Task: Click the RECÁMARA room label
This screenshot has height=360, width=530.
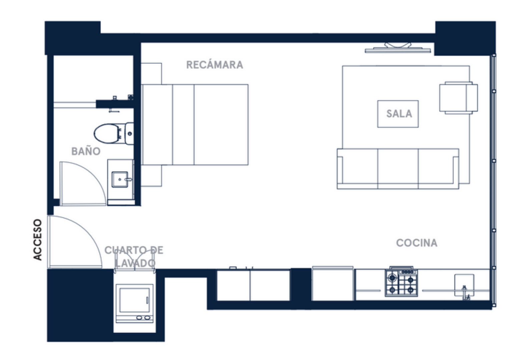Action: click(214, 65)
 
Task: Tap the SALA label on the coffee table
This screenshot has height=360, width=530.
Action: click(399, 114)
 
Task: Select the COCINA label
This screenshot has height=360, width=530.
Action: click(417, 243)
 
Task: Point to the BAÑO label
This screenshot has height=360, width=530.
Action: click(86, 151)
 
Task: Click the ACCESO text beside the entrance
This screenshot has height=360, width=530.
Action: click(37, 240)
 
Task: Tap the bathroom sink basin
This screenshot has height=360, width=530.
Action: click(120, 180)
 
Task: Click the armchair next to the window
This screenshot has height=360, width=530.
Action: click(459, 98)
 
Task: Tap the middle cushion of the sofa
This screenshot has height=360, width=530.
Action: click(398, 168)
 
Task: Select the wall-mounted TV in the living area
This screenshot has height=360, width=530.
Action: click(398, 48)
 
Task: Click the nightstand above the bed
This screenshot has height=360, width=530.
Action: click(151, 74)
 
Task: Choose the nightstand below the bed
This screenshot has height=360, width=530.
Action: click(151, 176)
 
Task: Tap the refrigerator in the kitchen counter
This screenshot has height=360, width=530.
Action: click(333, 284)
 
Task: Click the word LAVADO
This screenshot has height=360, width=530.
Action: click(135, 263)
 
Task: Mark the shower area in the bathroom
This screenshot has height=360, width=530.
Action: click(93, 78)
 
